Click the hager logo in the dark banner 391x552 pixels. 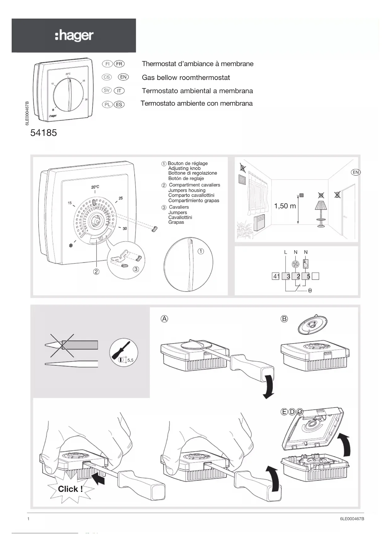[x=74, y=36]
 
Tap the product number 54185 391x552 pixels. [x=43, y=133]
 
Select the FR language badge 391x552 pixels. [x=119, y=64]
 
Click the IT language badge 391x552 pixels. [x=119, y=91]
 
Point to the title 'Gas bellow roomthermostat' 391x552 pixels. [x=186, y=77]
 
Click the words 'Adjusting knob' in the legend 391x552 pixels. [x=184, y=168]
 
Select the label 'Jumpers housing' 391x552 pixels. [x=187, y=190]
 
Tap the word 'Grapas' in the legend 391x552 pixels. [x=176, y=222]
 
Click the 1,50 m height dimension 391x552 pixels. [x=285, y=206]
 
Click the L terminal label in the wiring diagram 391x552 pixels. [x=285, y=252]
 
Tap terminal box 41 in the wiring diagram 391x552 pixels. [x=276, y=276]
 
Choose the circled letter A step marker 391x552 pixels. [x=164, y=318]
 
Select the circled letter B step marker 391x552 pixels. [x=284, y=318]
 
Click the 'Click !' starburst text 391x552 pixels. [x=70, y=489]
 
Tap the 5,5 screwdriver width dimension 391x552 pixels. [x=130, y=360]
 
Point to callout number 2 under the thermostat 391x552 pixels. [x=96, y=271]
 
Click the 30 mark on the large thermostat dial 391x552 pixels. [x=125, y=228]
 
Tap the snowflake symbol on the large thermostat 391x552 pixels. [x=71, y=245]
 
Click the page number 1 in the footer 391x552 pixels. [x=29, y=519]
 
